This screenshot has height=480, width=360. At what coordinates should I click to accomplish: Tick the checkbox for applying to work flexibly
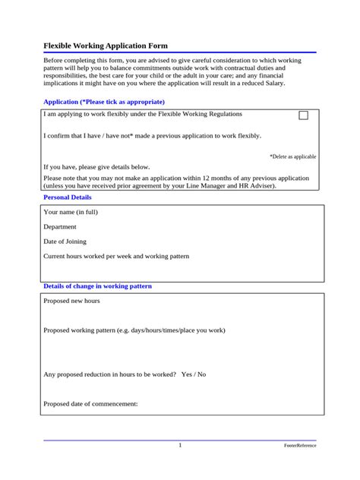[x=304, y=116]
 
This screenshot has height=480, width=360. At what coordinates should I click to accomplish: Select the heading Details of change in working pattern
[x=98, y=286]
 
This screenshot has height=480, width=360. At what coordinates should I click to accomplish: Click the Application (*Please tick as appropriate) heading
[x=104, y=102]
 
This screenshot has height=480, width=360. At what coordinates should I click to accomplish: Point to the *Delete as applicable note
[x=292, y=156]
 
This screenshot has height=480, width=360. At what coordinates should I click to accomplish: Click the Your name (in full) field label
[x=71, y=212]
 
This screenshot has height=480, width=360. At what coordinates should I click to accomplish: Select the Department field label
[x=60, y=226]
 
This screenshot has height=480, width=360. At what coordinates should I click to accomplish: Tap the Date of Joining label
[x=66, y=241]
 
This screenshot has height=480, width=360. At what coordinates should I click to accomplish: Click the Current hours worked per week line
[x=116, y=256]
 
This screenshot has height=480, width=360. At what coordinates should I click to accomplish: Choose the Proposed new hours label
[x=72, y=301]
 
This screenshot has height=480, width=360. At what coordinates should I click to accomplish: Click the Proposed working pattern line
[x=134, y=330]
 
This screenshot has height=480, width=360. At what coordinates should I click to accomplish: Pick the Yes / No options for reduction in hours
[x=194, y=374]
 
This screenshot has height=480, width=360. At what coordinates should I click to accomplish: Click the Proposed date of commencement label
[x=91, y=404]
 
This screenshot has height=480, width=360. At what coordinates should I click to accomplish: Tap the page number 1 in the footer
[x=180, y=446]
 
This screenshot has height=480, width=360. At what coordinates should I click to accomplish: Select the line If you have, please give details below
[x=96, y=166]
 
